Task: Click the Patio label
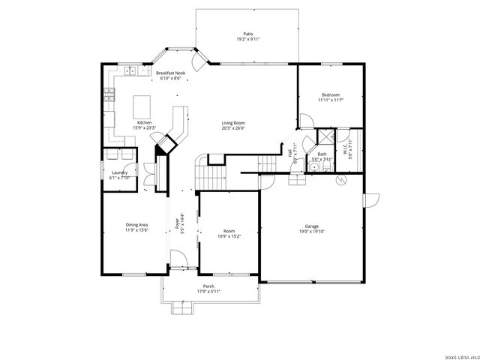tap(247, 34)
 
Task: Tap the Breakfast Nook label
tap(170, 73)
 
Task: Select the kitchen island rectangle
tap(142, 103)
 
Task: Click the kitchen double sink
tap(130, 71)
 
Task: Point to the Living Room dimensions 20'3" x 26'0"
tap(233, 127)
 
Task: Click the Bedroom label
tap(331, 94)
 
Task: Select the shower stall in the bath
tap(325, 137)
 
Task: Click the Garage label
tap(311, 226)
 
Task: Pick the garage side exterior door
tap(370, 201)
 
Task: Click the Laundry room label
tap(119, 172)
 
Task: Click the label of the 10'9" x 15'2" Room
tap(229, 231)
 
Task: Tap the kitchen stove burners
tap(109, 94)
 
